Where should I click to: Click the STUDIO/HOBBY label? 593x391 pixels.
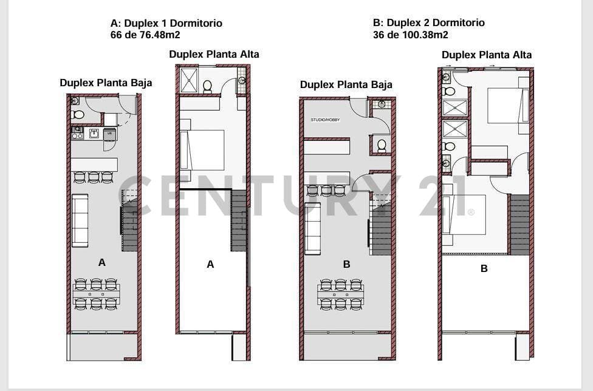coord(325,120)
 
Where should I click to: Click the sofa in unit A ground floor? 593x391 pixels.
coord(80,220)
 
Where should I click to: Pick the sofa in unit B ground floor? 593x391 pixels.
coord(313,228)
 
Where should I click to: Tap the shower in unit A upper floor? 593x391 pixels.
coord(189,80)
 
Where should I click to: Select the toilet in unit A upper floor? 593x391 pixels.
coord(207,86)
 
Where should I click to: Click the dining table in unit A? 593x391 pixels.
coord(96,294)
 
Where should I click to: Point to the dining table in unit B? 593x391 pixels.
coord(341,294)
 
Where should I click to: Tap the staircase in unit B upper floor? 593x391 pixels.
coord(519,225)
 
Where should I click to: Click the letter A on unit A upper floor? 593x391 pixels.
coord(210,265)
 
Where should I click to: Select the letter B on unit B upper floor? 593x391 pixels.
coord(484,268)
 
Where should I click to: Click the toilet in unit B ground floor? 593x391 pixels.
coord(382,146)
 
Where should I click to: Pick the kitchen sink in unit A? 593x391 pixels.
coord(94,134)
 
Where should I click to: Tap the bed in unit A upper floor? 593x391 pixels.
coord(202,150)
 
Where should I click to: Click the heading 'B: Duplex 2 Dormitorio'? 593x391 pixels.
coord(428,22)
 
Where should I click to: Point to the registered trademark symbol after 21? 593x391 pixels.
coord(471,212)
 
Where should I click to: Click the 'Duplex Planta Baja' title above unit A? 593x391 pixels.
coord(106,83)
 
